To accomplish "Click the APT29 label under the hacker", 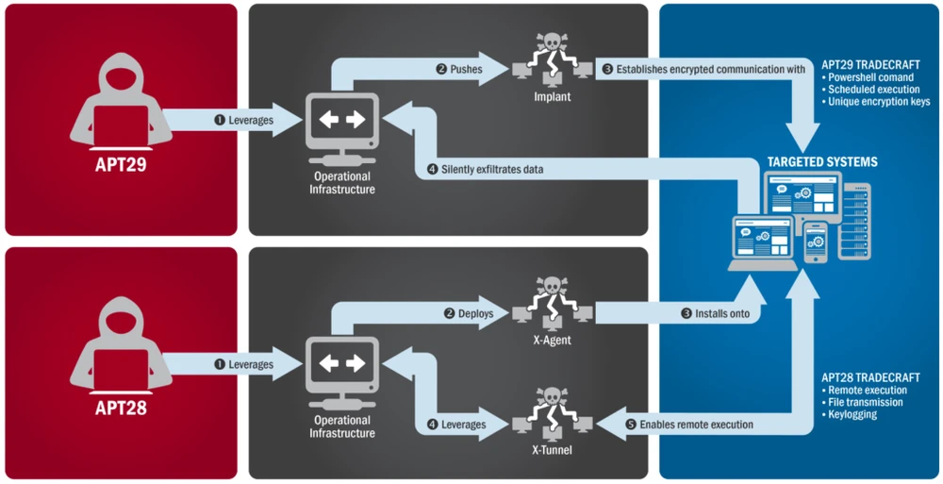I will pyautogui.click(x=120, y=167).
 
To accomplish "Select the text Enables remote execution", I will pyautogui.click(x=696, y=425).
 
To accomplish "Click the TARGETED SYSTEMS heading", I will pyautogui.click(x=821, y=162).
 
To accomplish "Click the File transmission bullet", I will pyautogui.click(x=867, y=402).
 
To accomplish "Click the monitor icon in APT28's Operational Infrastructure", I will pyautogui.click(x=342, y=363).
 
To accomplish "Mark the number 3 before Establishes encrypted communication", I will pyautogui.click(x=606, y=69).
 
